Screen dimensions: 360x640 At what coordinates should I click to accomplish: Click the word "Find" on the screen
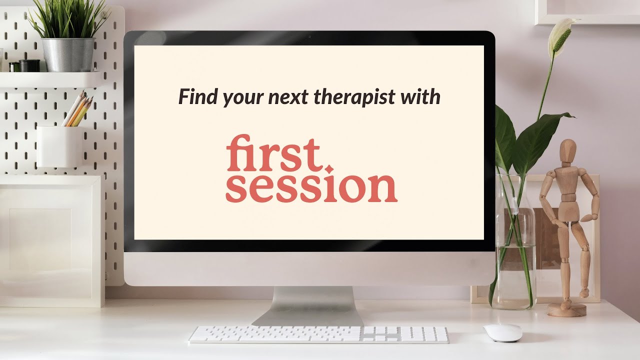click(x=198, y=96)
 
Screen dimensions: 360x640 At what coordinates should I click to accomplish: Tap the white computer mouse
click(x=502, y=332)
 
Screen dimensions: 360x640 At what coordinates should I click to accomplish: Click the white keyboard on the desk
click(x=318, y=334)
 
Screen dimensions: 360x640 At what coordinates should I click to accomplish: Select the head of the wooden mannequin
click(x=567, y=149)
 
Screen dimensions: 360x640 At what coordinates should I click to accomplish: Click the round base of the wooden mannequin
click(x=566, y=310)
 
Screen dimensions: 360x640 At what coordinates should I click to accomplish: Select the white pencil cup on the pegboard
click(x=59, y=146)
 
